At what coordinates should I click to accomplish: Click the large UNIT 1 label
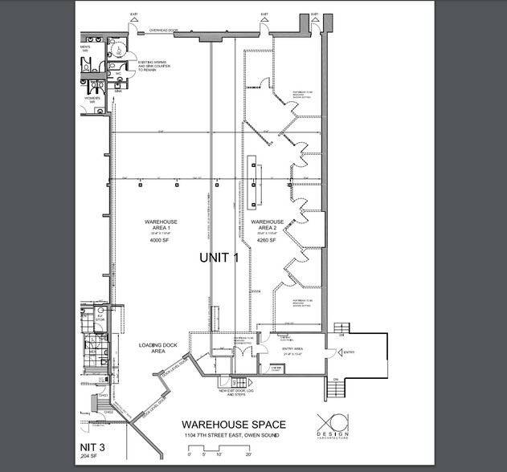(x=219, y=258)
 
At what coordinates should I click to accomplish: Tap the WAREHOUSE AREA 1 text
(x=162, y=226)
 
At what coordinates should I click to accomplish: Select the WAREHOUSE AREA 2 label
(x=267, y=226)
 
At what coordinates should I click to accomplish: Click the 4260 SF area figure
(x=267, y=240)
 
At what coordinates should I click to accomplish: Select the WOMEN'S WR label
(x=92, y=101)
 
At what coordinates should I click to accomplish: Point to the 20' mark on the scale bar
(x=249, y=454)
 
